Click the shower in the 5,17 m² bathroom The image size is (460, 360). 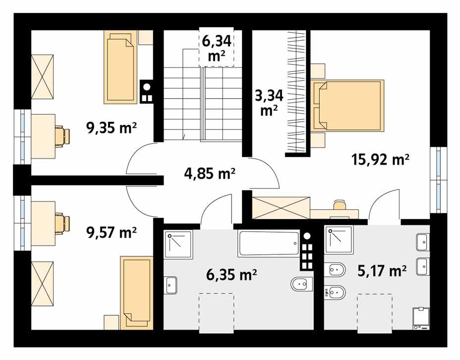(339, 240)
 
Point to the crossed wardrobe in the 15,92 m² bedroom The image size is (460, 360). (281, 207)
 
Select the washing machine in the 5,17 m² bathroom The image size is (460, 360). (421, 318)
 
